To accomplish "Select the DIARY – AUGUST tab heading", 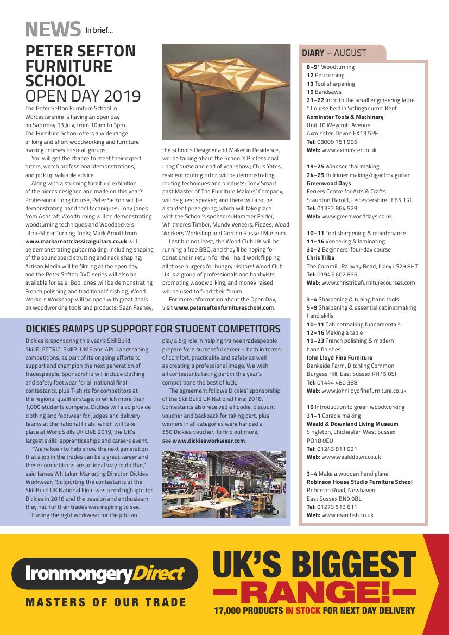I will (334, 53).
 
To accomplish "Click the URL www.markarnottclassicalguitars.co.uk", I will (76, 241).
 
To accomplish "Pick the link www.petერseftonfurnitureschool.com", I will (224, 307).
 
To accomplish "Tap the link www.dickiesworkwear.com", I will (208, 441).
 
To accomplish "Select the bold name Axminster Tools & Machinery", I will (345, 117).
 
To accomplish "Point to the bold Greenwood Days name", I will (328, 184).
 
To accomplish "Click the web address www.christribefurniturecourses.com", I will (368, 282).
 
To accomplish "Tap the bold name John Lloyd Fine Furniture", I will (339, 357).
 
